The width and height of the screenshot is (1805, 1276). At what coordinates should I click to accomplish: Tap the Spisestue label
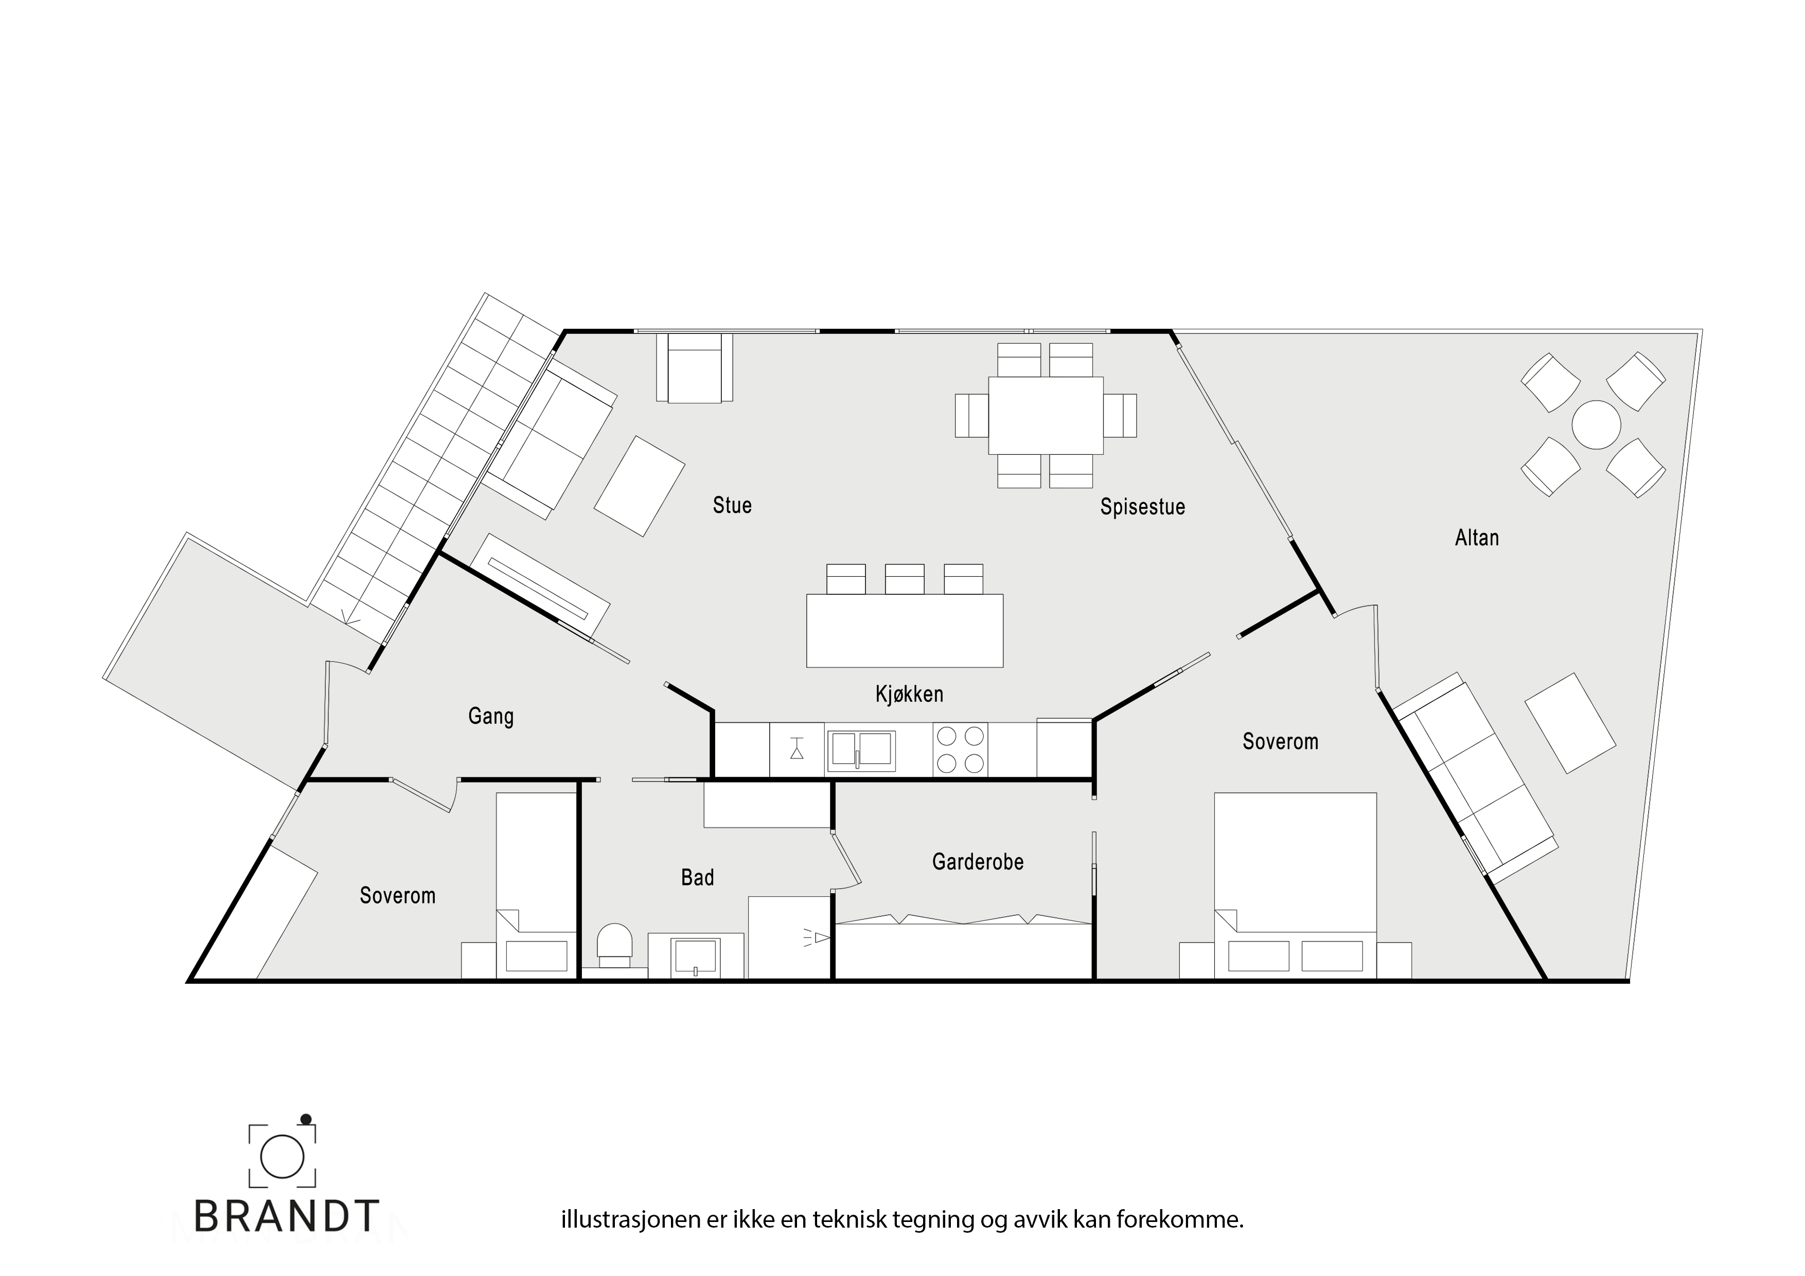(1142, 507)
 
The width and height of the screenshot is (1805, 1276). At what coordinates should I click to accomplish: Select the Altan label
(1476, 538)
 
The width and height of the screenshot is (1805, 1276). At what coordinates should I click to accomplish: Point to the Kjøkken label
(909, 694)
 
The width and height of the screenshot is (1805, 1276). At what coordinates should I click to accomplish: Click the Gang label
(490, 716)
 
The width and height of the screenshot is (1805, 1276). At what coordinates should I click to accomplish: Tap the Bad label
(697, 877)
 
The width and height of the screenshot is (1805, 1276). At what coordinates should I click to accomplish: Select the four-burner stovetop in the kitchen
(961, 749)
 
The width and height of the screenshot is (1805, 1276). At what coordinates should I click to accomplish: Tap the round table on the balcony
(1596, 424)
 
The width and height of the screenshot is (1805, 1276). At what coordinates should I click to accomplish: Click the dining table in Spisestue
(1046, 415)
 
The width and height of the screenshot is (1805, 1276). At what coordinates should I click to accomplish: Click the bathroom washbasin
(696, 955)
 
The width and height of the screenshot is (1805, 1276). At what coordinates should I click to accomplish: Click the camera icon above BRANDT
(282, 1154)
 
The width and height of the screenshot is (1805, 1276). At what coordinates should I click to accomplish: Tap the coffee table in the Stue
(639, 486)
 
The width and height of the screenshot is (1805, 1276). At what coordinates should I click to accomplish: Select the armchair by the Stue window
(695, 368)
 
